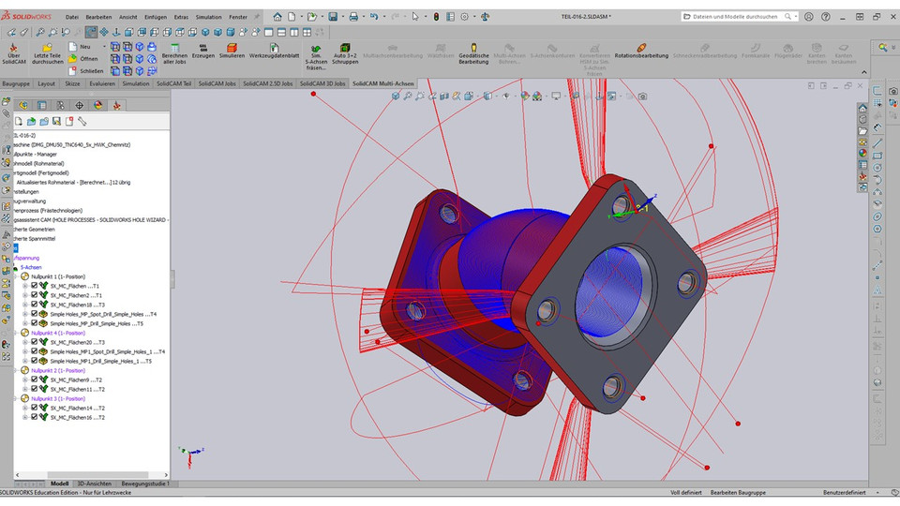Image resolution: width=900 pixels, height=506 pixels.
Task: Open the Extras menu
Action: click(181, 17)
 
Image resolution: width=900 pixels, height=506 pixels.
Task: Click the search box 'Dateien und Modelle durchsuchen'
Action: click(738, 17)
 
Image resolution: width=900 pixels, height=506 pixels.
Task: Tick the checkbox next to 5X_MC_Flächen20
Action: click(35, 342)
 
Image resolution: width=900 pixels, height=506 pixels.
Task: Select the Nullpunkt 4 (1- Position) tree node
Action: click(57, 333)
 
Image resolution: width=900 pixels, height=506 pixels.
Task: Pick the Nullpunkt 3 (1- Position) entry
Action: click(57, 398)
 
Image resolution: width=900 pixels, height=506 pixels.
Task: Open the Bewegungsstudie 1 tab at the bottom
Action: click(145, 484)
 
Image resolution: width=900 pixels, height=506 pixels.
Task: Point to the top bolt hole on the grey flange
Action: click(621, 205)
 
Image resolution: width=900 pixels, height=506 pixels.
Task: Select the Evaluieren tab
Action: click(102, 83)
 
